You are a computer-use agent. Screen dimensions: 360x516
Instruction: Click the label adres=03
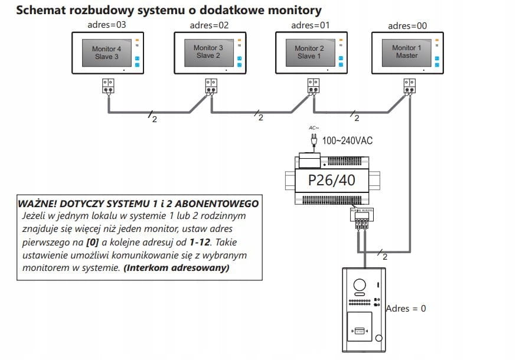[106, 25]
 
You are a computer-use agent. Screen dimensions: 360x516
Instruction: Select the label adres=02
[208, 25]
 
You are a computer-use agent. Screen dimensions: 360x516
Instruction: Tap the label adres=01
[310, 25]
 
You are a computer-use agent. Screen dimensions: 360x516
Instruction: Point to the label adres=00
[407, 25]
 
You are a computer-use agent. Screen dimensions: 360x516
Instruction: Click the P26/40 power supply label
[332, 180]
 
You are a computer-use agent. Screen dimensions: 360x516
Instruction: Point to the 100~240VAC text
[347, 140]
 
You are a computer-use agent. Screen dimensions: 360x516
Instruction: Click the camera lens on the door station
[359, 285]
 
